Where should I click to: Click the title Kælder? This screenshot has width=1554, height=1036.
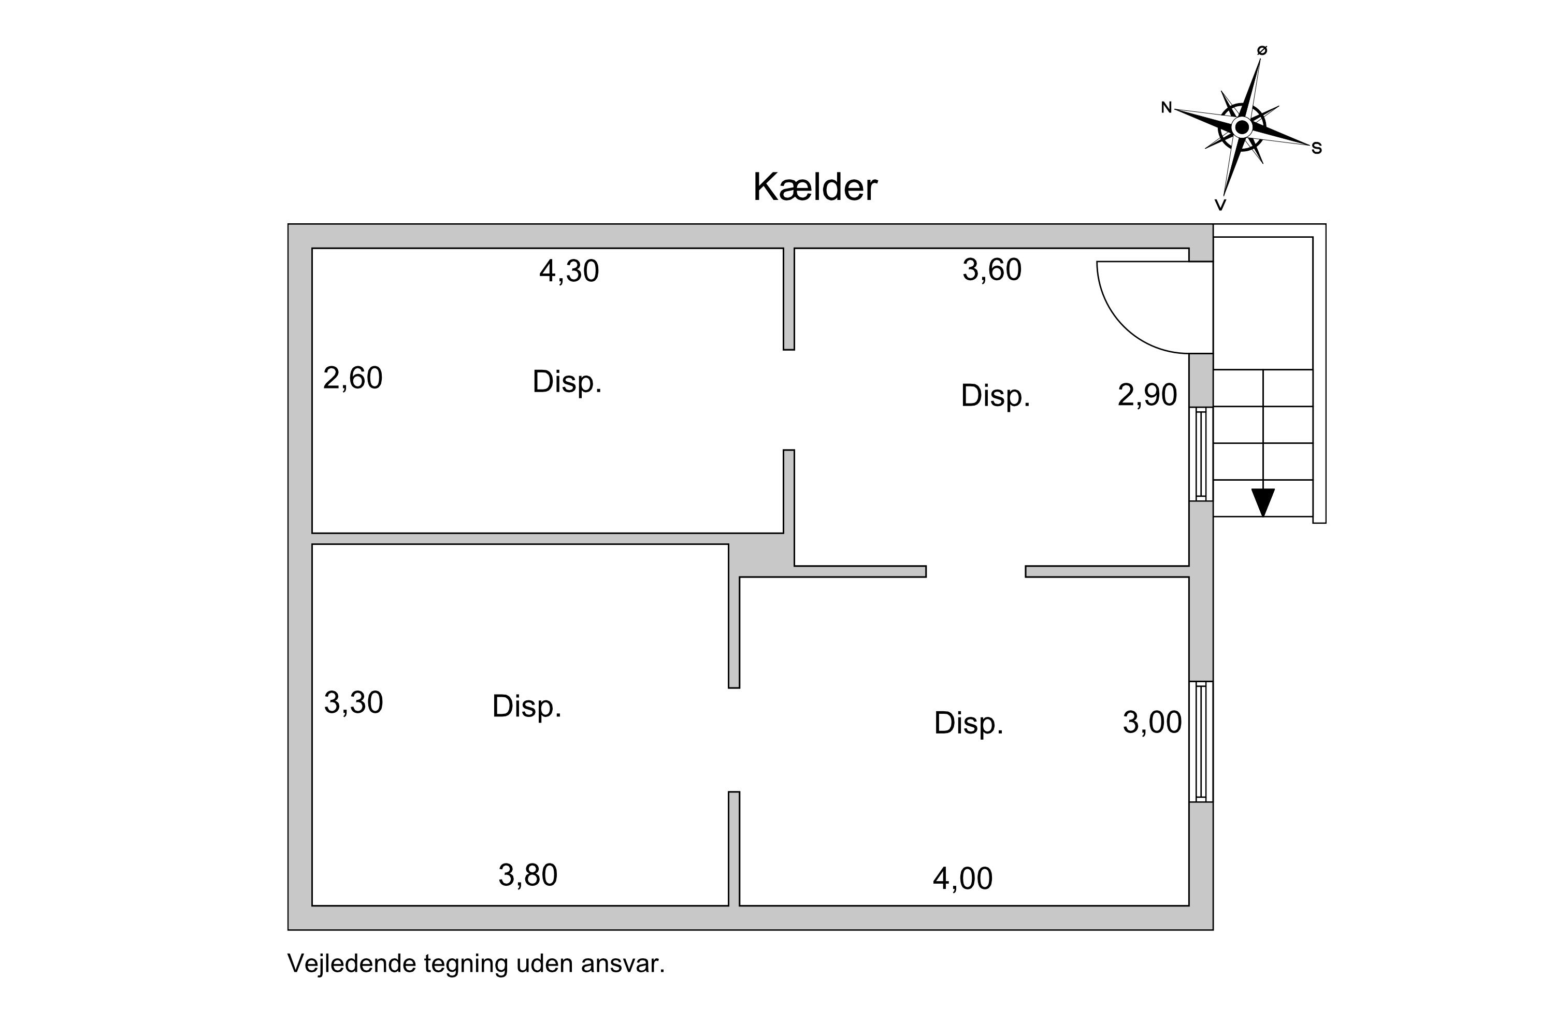(x=815, y=188)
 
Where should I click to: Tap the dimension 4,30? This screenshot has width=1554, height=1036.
(x=569, y=271)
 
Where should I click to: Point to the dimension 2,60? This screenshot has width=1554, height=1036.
(x=353, y=379)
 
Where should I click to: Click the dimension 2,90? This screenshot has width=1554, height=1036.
(x=1147, y=395)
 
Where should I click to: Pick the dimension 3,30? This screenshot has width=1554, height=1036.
(x=353, y=703)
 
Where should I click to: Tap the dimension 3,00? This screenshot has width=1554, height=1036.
(x=1152, y=723)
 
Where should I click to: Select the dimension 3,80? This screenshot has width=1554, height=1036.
(x=528, y=876)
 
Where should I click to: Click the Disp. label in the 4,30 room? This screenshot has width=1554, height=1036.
(x=567, y=382)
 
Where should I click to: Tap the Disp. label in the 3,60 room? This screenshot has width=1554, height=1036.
(x=995, y=396)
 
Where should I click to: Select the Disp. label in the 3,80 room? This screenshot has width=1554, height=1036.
(x=527, y=707)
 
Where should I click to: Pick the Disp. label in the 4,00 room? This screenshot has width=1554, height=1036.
(x=969, y=724)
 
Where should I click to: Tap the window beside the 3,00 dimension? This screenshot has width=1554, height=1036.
(x=1201, y=741)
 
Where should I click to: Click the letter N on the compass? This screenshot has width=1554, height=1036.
(x=1166, y=108)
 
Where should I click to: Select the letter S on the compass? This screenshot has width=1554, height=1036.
(x=1316, y=149)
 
